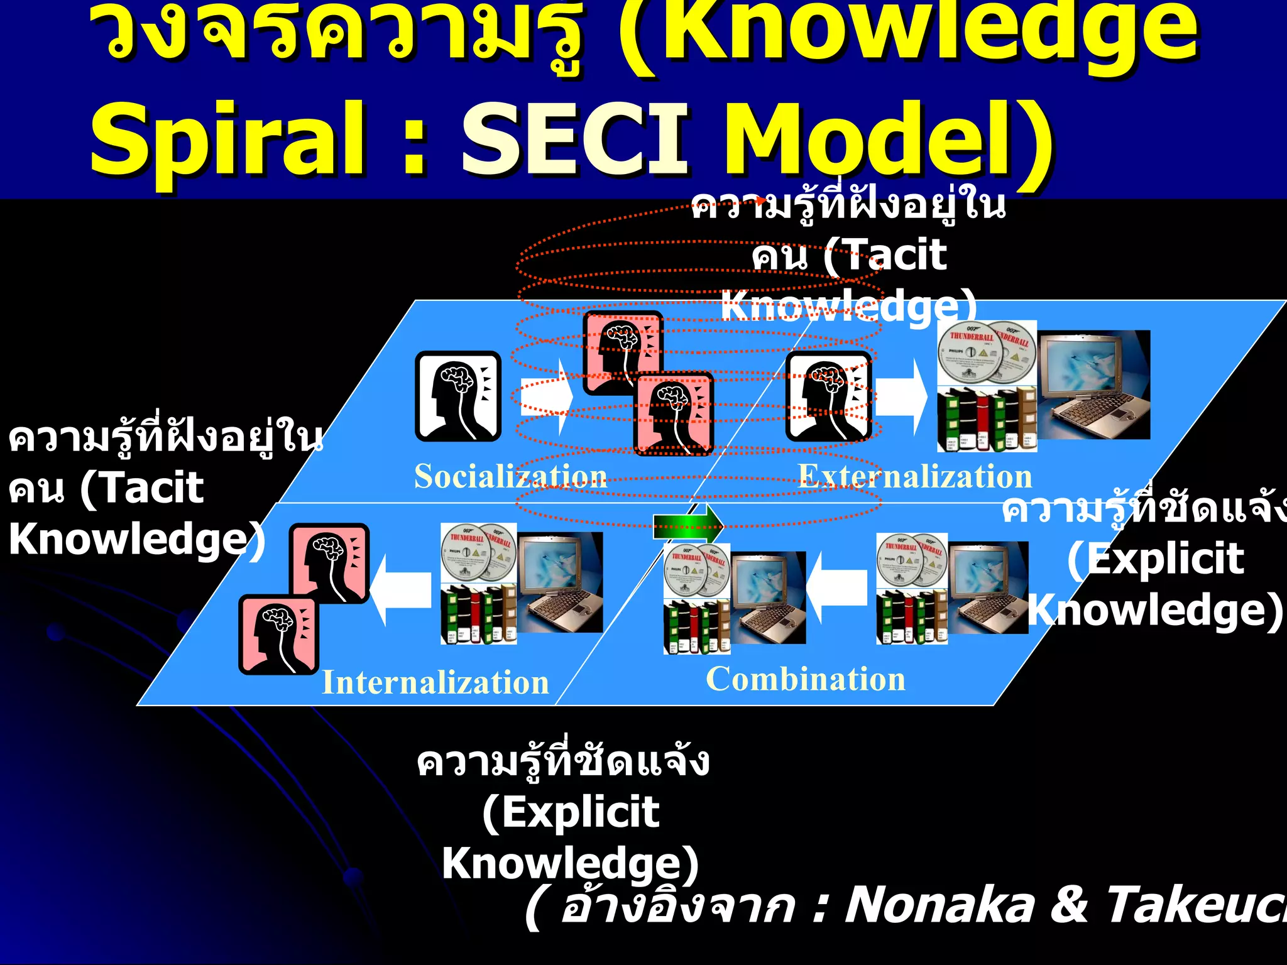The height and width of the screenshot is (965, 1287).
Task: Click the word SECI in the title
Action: pos(574,139)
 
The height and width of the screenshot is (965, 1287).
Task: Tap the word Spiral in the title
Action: pos(227,139)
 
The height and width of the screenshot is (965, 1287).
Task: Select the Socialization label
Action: pos(510,476)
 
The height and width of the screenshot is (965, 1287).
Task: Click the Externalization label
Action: pos(915,476)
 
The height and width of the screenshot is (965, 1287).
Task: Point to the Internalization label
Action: pos(435,682)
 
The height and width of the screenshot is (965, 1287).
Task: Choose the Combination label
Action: pos(806,679)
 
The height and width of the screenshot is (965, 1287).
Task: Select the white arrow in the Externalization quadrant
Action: pos(901,397)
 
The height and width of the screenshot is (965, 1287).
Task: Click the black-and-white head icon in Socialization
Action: pos(457,396)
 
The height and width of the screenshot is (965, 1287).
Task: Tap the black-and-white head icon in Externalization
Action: pos(828,396)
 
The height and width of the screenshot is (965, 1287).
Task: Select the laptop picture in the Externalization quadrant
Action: pos(1095,384)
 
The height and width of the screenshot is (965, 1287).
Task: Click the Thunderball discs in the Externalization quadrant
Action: pos(987,352)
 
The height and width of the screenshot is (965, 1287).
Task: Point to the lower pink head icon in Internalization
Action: pos(278,635)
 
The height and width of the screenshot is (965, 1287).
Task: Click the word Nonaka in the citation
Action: pos(939,906)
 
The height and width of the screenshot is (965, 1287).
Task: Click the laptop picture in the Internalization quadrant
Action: pos(561,582)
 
